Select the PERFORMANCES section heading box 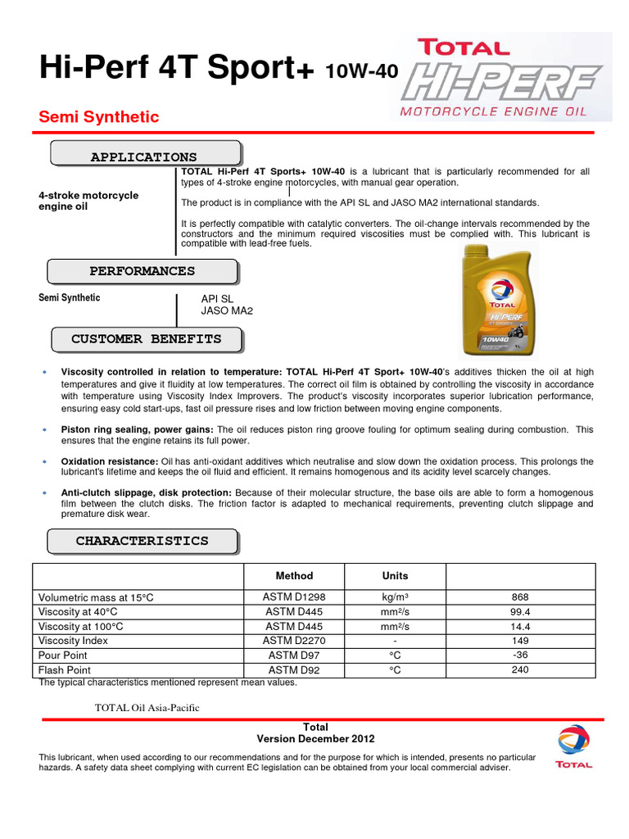pos(142,271)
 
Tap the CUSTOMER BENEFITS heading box pos(147,339)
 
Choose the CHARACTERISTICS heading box pos(142,542)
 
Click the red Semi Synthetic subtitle pos(99,117)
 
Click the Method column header pos(294,576)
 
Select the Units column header pos(395,576)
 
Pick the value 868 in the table pos(520,597)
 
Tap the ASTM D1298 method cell pos(294,597)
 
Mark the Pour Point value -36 pos(520,655)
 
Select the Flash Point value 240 pos(520,669)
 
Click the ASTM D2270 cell pos(294,641)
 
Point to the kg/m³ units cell pos(395,597)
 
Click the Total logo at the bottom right pos(573,747)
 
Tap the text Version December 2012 pos(315,738)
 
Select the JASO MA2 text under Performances pos(227,311)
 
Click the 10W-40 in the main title pos(361,72)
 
